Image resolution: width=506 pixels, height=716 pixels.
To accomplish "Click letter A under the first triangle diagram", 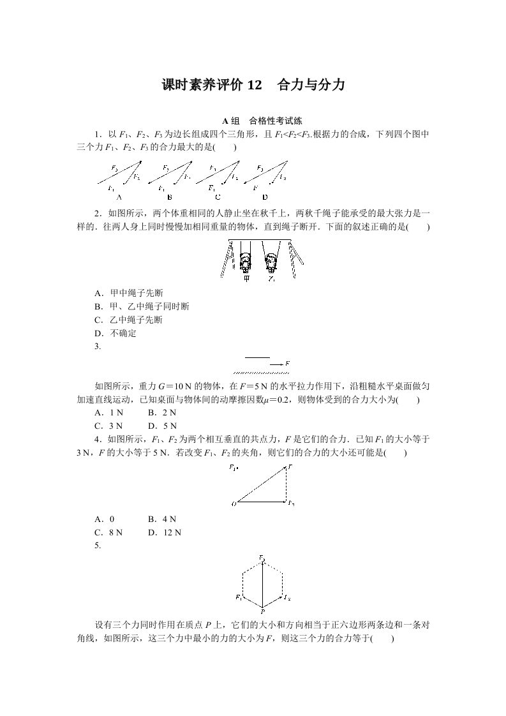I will (119, 197).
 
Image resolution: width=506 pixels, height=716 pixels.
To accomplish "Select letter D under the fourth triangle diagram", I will (265, 197).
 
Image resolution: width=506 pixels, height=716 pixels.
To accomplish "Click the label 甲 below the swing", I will (246, 279).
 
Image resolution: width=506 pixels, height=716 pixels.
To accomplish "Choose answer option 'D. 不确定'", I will (115, 333).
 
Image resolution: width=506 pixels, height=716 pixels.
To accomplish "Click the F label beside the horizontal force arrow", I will (288, 364).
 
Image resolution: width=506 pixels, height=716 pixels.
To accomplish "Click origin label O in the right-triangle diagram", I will (234, 504).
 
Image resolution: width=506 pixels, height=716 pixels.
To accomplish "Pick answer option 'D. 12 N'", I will (165, 532).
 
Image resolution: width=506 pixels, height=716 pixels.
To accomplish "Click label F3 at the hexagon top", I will (262, 558).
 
